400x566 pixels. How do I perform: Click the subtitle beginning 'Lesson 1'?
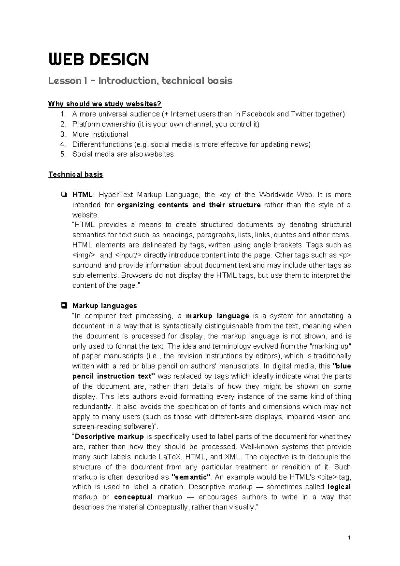point(140,81)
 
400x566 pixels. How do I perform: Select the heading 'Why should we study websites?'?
point(105,104)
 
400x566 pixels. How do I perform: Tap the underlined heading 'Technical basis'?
point(76,174)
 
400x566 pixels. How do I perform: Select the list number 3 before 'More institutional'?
point(63,134)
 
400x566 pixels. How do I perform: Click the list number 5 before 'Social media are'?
point(63,154)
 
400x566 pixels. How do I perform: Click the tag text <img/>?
point(83,255)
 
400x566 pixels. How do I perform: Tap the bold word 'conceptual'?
point(133,497)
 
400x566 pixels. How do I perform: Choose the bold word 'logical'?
point(339,487)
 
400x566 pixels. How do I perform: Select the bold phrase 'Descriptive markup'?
point(109,437)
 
